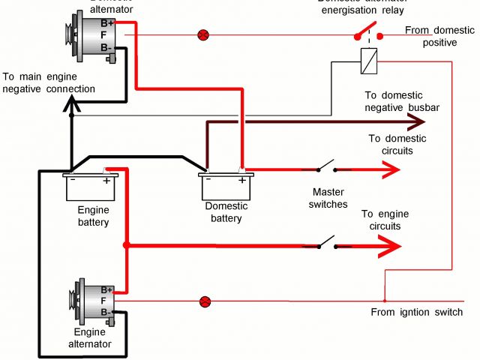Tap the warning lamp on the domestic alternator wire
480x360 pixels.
point(202,34)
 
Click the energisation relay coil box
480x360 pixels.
point(367,60)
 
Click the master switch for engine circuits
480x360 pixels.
point(326,244)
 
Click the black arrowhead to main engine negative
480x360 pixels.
point(71,108)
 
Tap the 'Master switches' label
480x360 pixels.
point(329,198)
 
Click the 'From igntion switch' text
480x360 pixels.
point(416,312)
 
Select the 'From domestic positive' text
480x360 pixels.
point(439,36)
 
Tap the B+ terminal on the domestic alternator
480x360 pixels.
point(106,23)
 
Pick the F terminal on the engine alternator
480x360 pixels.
point(106,300)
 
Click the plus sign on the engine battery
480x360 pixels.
point(106,181)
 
